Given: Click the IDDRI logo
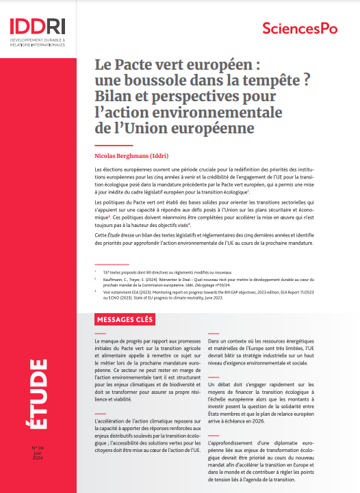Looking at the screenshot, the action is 38,26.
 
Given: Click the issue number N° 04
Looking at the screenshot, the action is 38,448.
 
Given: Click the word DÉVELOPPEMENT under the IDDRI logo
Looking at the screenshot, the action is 27,42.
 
